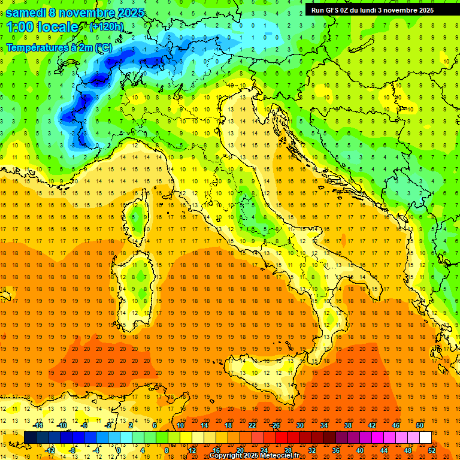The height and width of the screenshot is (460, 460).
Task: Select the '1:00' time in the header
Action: [20, 28]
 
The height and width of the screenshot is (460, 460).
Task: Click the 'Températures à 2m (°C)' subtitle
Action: [59, 47]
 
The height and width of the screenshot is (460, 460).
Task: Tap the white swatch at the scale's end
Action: [425, 437]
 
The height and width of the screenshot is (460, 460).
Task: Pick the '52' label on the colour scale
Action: [432, 450]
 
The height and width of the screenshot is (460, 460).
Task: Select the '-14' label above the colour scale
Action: [38, 425]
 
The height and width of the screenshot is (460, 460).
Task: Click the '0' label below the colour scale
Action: [119, 450]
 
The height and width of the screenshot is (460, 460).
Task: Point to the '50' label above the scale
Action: [420, 425]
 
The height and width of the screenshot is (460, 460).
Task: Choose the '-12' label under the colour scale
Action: [50, 450]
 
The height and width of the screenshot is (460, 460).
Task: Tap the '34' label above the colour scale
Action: [324, 425]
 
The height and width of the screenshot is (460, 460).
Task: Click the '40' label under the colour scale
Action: [360, 450]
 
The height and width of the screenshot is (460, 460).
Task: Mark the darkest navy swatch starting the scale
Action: [30, 437]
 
